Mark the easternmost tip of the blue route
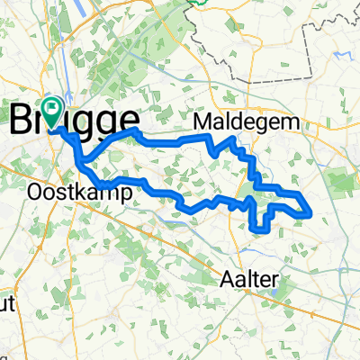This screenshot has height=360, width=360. [311, 214]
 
